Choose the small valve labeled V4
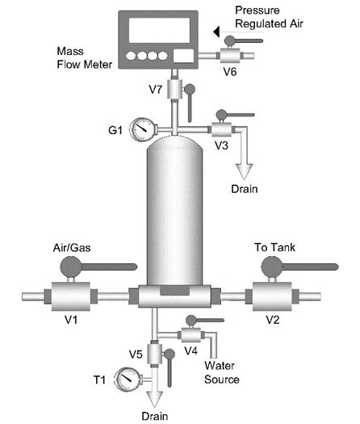190,334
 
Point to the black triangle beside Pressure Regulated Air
216,31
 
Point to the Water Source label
222,373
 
